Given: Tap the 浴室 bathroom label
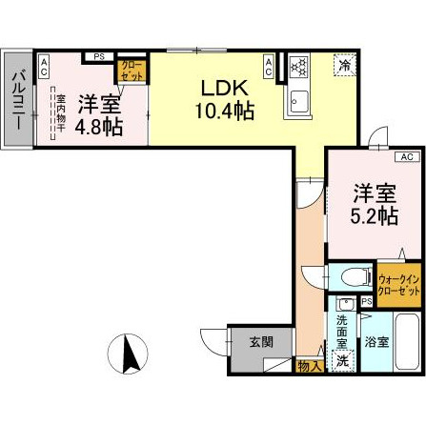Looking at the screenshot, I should coord(375,341).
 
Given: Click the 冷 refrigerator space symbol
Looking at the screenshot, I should coord(343,65).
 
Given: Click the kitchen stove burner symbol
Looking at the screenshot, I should coord(298,66).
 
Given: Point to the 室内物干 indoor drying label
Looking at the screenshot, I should coord(59,111).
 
